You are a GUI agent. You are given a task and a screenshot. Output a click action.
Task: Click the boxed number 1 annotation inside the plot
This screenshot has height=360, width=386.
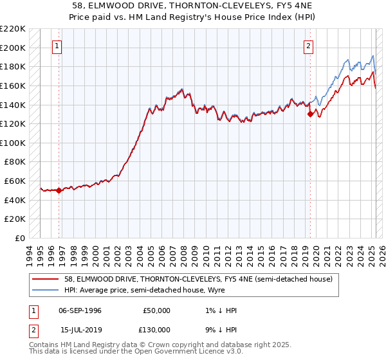pos(58,46)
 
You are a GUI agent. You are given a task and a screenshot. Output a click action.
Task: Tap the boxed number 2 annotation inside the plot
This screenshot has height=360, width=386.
pos(309,46)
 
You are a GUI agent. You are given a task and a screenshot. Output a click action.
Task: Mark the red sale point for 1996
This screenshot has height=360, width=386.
pos(59,190)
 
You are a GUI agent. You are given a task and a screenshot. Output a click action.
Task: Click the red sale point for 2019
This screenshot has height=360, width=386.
pos(310,114)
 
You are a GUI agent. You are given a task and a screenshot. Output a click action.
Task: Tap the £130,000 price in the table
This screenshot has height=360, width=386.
pos(156,329)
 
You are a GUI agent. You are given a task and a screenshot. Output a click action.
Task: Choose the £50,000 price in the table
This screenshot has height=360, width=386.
pos(156,310)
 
